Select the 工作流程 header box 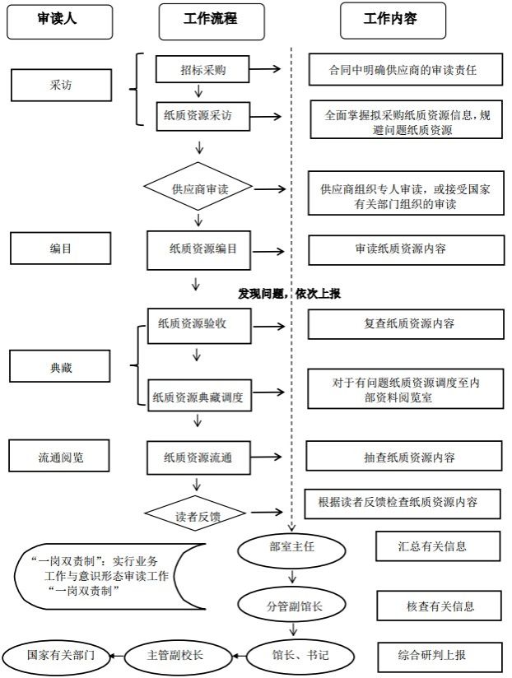[x=212, y=21]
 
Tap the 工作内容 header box [x=393, y=21]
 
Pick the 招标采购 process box [x=202, y=71]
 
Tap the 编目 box [x=61, y=247]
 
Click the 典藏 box [x=61, y=367]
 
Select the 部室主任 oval [x=292, y=545]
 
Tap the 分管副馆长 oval [x=292, y=606]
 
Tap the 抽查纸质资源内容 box [x=403, y=457]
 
